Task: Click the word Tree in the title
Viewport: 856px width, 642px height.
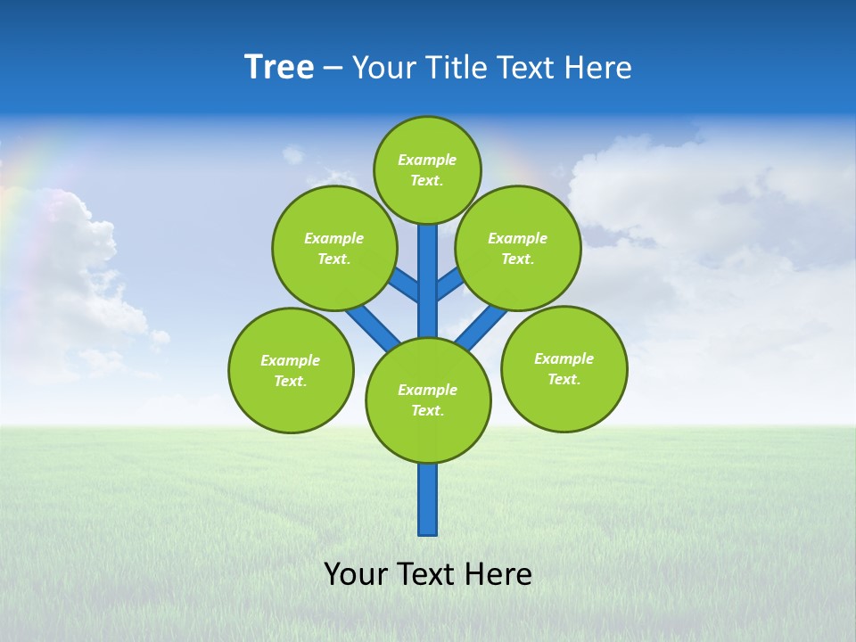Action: [x=279, y=68]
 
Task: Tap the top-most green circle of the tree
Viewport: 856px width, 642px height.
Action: [x=427, y=170]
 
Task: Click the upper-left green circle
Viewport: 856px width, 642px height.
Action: [x=333, y=248]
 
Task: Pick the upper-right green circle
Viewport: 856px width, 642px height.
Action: [x=518, y=248]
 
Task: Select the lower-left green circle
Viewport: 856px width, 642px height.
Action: [x=291, y=370]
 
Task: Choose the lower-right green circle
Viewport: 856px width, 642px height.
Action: [x=564, y=369]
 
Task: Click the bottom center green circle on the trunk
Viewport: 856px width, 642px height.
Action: [x=428, y=400]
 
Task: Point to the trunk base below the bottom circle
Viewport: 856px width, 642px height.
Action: [x=428, y=499]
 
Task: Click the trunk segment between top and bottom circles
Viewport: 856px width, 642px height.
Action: [x=428, y=281]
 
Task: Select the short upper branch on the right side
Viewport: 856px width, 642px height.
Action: [x=449, y=284]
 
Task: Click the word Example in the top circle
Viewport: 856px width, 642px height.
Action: [x=427, y=160]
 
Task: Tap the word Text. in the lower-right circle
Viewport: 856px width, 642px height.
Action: [x=564, y=379]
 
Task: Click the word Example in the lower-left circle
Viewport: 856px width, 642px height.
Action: [x=291, y=360]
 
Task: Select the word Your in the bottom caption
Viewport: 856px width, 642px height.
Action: [x=355, y=574]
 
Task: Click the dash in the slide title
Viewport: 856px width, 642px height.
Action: [x=333, y=68]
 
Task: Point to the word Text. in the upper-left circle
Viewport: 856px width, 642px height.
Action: [x=333, y=259]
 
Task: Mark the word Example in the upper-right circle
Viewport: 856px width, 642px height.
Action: [x=518, y=238]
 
